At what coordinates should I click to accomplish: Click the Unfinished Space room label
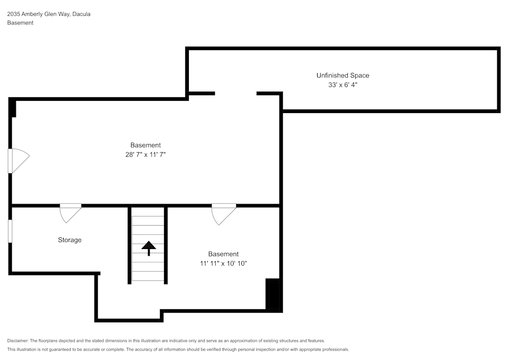[343, 75]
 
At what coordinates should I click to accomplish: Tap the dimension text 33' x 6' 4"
[343, 86]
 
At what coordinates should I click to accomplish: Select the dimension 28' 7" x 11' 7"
[146, 154]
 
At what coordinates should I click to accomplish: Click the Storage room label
[70, 240]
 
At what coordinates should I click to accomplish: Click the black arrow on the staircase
[149, 248]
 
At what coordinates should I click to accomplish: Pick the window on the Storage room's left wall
[10, 231]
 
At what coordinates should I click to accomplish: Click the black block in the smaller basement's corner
[273, 294]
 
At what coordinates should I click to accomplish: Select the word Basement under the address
[20, 23]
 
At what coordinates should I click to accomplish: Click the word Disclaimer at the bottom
[18, 341]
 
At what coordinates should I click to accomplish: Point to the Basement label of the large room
[146, 145]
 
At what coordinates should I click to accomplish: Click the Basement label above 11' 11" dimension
[223, 254]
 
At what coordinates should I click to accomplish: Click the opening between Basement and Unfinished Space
[236, 94]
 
